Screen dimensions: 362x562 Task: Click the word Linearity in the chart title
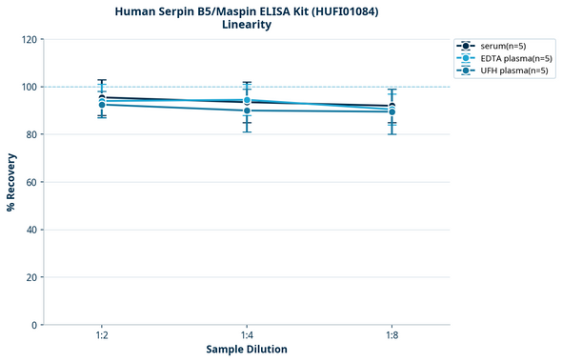tap(247, 25)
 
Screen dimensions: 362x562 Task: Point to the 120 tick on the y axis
tap(29, 39)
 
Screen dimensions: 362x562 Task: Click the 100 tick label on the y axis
tap(29, 87)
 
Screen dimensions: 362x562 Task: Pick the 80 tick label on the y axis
tap(30, 134)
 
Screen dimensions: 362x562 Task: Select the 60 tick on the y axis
tap(30, 182)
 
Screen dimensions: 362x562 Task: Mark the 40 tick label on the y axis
tap(30, 230)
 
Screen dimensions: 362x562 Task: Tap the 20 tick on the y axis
tap(30, 277)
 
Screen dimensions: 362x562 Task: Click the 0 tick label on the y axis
tap(33, 325)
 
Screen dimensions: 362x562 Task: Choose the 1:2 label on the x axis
tap(102, 336)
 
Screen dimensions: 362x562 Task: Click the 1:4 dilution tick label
tap(247, 336)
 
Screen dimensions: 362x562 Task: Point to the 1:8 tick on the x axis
tap(391, 336)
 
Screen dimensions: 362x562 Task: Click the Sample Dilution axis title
tap(247, 350)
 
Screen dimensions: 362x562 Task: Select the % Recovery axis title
tap(11, 182)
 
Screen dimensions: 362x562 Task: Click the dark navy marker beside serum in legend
tap(466, 46)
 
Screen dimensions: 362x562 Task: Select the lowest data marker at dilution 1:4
tap(247, 111)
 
